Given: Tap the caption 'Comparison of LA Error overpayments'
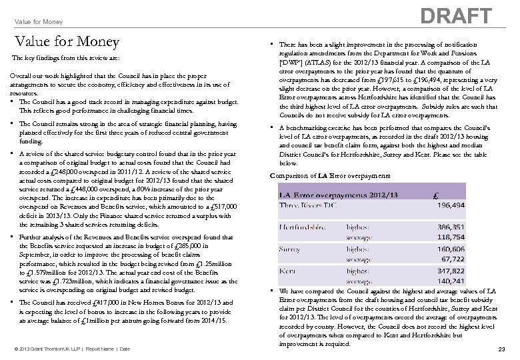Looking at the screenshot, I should [330, 175].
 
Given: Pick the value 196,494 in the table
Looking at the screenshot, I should [451, 206].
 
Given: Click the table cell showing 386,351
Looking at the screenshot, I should [451, 227].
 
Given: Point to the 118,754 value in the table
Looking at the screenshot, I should [451, 237].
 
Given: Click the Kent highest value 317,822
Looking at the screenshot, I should [451, 271].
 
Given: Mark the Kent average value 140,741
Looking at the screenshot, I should [451, 281].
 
